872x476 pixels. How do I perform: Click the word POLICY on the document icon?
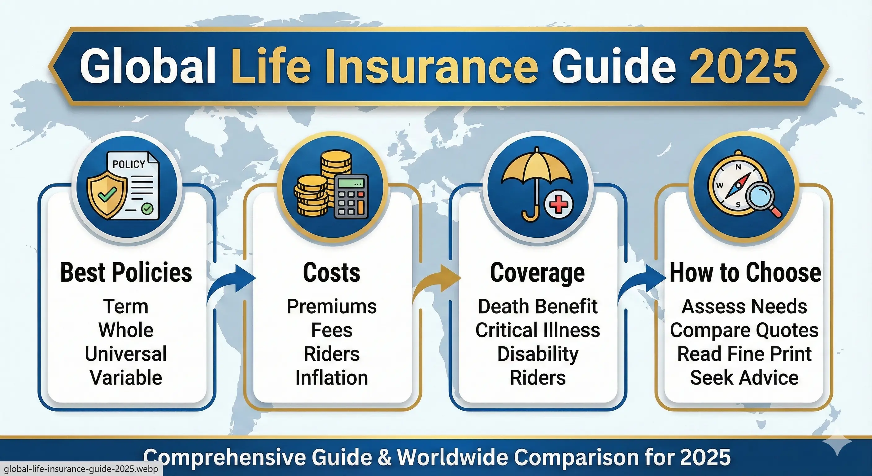(x=129, y=164)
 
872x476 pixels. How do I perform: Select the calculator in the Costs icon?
(x=351, y=196)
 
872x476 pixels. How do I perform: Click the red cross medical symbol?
(x=559, y=204)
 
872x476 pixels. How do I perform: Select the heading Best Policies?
(x=126, y=272)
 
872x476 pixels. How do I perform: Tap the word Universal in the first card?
(x=126, y=354)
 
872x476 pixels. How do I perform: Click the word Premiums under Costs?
(x=331, y=306)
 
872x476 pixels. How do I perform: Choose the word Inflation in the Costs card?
(x=331, y=378)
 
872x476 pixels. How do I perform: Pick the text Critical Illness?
(x=538, y=330)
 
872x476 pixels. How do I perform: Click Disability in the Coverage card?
(x=538, y=354)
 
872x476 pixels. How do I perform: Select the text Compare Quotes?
(x=744, y=330)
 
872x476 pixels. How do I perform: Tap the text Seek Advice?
(x=744, y=378)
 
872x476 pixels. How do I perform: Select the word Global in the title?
(x=148, y=66)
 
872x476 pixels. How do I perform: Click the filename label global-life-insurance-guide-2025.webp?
(x=81, y=469)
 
